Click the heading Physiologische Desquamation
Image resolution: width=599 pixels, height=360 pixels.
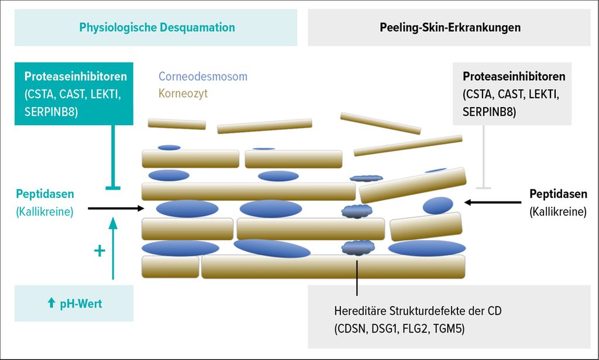(x=157, y=28)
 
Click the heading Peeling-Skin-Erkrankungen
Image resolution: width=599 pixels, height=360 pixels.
(x=450, y=28)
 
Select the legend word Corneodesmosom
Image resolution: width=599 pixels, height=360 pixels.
(x=203, y=77)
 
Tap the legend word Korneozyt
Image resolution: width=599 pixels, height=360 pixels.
(x=183, y=93)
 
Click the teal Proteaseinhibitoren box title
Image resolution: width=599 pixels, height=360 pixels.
(x=75, y=77)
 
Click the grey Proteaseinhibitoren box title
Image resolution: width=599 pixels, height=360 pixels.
(x=514, y=77)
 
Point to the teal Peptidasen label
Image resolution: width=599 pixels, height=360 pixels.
(x=45, y=194)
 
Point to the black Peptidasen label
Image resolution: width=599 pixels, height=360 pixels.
(x=558, y=194)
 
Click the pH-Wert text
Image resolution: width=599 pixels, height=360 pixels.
(x=81, y=304)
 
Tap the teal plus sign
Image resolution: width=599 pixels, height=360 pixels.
(x=99, y=251)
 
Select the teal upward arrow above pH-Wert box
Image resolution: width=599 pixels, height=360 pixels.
(x=113, y=248)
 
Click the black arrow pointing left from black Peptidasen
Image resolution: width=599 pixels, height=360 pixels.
(x=493, y=202)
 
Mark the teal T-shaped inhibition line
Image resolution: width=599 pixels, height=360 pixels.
(x=113, y=157)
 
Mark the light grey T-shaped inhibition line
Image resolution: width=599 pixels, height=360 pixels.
(x=484, y=157)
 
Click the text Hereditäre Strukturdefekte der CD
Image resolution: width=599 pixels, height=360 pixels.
(x=418, y=311)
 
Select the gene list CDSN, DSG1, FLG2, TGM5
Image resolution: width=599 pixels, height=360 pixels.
(x=400, y=328)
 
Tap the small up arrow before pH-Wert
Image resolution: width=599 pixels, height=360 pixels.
(x=51, y=303)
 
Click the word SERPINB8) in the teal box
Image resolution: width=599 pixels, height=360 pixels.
(x=51, y=112)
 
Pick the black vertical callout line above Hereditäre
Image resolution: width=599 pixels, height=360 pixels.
(x=357, y=278)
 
